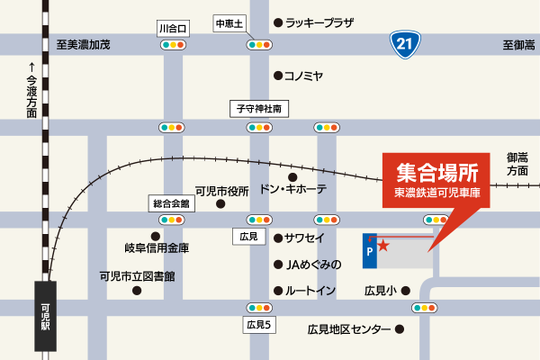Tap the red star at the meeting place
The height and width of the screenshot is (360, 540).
tap(383, 244)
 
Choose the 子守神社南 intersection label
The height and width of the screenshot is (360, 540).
tap(259, 108)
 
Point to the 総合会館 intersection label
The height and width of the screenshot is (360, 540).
tap(170, 203)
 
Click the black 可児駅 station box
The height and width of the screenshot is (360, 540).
tap(46, 314)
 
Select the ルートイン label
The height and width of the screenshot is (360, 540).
tap(310, 291)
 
